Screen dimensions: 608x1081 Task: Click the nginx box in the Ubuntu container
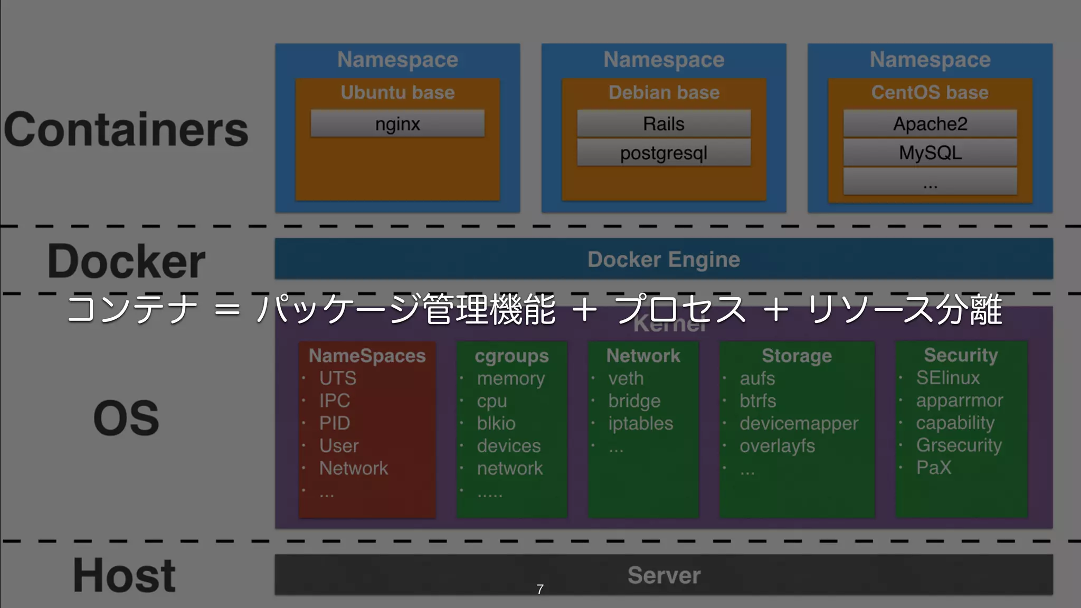(x=397, y=124)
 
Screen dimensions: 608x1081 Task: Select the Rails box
(x=663, y=124)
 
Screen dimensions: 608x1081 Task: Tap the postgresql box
(x=663, y=153)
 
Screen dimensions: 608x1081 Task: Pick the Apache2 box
(x=930, y=124)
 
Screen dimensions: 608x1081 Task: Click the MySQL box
(x=930, y=153)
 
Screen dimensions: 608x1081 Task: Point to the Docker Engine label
(x=663, y=259)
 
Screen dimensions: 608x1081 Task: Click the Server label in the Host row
(x=663, y=575)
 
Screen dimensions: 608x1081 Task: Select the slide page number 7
(x=540, y=589)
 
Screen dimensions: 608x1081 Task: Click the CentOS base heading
(x=930, y=92)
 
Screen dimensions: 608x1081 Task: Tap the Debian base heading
(x=663, y=92)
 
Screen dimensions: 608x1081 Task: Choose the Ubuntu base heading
(x=397, y=92)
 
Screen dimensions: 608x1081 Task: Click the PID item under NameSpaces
(x=335, y=423)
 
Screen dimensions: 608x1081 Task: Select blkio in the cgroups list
(x=496, y=423)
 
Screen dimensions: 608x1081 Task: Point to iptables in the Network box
(x=640, y=423)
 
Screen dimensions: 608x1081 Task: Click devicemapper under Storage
(x=799, y=423)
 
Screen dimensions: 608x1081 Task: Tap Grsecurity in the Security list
(x=959, y=445)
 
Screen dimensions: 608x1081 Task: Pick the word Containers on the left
(x=126, y=130)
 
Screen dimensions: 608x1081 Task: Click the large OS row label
(x=126, y=418)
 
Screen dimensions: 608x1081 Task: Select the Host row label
(x=125, y=575)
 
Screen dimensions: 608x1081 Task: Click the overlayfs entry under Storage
(x=777, y=446)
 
